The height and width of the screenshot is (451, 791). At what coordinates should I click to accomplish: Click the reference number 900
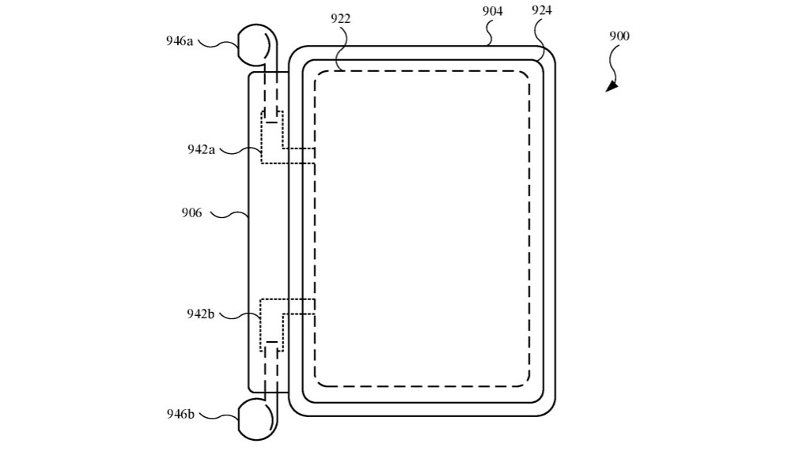[x=619, y=36]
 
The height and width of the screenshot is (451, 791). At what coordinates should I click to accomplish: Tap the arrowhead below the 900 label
[x=611, y=86]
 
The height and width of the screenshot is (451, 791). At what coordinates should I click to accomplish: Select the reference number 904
[x=492, y=11]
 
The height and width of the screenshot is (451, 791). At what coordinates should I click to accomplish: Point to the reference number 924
[x=542, y=11]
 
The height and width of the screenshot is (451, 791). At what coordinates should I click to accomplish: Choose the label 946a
[x=180, y=41]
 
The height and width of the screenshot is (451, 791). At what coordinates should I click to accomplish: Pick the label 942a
[x=202, y=149]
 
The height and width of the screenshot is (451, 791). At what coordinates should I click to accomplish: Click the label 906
[x=192, y=212]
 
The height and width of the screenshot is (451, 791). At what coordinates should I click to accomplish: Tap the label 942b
[x=202, y=314]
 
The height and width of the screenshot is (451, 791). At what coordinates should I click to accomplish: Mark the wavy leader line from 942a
[x=237, y=149]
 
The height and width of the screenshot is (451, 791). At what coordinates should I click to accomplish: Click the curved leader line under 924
[x=540, y=38]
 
